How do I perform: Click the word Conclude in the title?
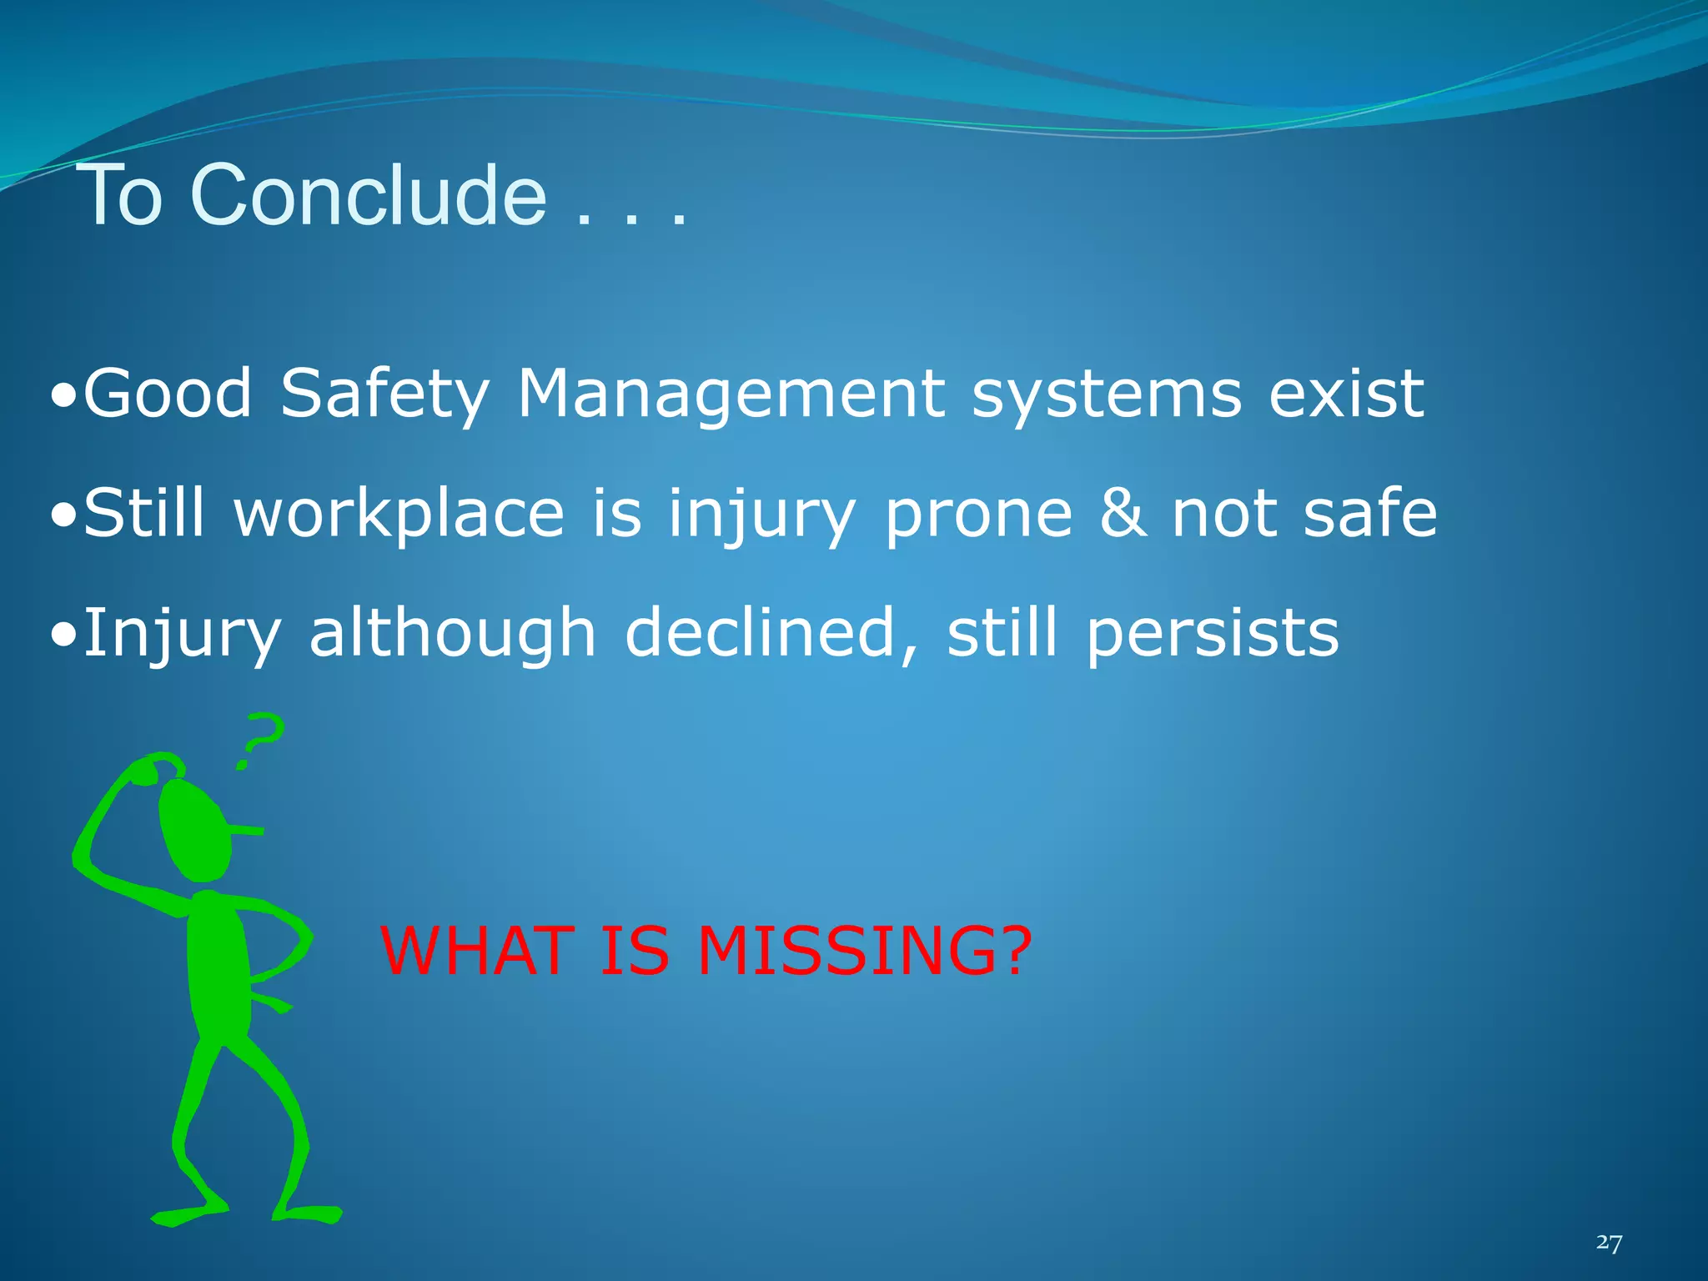[368, 195]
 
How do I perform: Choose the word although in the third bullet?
[452, 632]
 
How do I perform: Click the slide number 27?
[1609, 1243]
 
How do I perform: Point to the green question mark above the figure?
[260, 739]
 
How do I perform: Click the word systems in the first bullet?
[1107, 395]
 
